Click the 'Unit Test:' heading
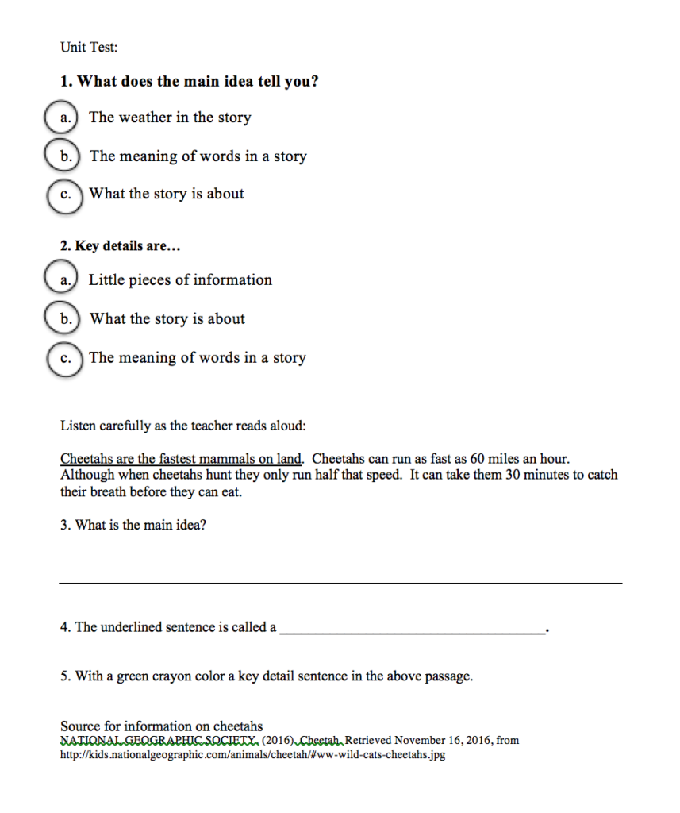click(x=89, y=48)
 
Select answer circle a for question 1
click(x=63, y=118)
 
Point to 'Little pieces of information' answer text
click(x=180, y=279)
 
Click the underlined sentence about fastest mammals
click(x=182, y=459)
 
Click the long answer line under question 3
click(x=341, y=584)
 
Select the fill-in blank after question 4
click(x=413, y=632)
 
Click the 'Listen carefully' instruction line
click(x=182, y=426)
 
